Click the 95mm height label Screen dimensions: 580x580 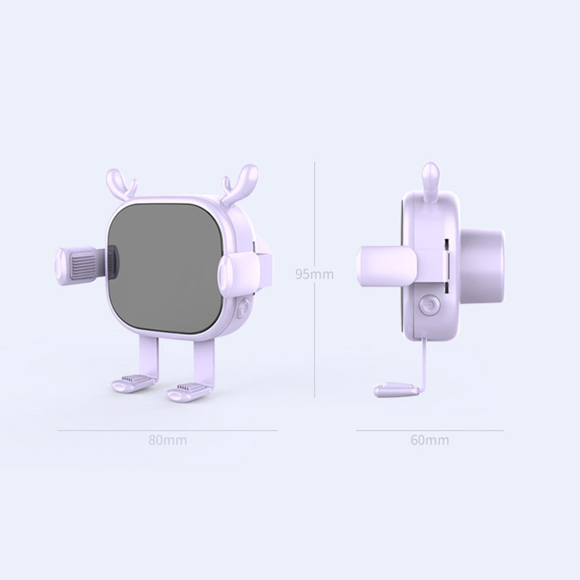(x=314, y=274)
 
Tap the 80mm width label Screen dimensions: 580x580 (x=168, y=440)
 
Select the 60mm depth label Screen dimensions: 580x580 (x=429, y=440)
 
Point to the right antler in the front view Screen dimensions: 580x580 (x=240, y=184)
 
